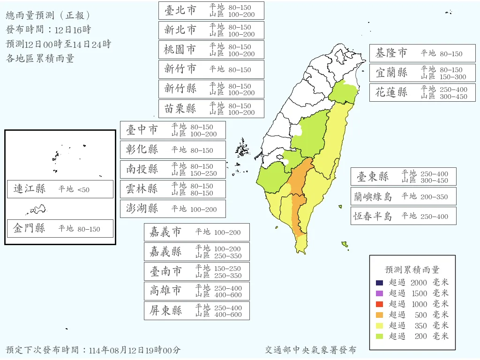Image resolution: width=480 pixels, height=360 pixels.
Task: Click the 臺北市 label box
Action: click(x=211, y=10)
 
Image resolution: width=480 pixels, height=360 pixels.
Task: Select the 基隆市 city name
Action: click(x=391, y=53)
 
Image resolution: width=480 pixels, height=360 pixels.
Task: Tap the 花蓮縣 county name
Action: click(x=391, y=92)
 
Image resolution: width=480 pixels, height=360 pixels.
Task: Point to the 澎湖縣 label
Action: click(x=142, y=209)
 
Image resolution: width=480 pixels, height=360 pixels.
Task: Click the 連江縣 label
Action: click(x=30, y=189)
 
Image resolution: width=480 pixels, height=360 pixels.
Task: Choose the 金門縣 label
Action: click(x=30, y=228)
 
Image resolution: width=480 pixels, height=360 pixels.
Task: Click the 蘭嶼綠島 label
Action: click(x=373, y=196)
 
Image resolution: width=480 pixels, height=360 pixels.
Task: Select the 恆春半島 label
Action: click(x=373, y=216)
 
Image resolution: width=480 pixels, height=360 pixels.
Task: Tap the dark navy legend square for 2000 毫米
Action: click(x=380, y=283)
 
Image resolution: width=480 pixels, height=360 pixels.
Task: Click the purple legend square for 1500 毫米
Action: click(x=380, y=293)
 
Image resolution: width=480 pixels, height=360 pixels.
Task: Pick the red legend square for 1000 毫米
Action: click(x=380, y=304)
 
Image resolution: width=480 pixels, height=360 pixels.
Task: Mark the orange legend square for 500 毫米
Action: click(x=380, y=315)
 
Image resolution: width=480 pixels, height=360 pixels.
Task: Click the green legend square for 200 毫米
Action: click(x=380, y=336)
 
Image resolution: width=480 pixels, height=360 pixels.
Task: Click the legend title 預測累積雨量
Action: click(x=412, y=270)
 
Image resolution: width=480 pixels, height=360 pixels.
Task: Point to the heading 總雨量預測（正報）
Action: click(x=48, y=15)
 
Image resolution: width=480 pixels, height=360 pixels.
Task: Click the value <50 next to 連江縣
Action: click(x=83, y=189)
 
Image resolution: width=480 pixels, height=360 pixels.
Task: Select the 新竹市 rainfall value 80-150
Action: click(x=240, y=70)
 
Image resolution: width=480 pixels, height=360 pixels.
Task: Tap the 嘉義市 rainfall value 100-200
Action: click(x=227, y=232)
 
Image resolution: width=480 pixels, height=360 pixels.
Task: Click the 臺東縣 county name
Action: click(x=373, y=177)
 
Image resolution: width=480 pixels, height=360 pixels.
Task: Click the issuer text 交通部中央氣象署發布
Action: click(x=310, y=350)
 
